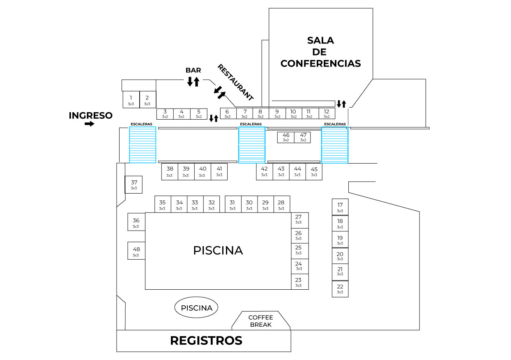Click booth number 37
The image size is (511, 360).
click(134, 185)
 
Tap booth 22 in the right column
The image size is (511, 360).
click(340, 289)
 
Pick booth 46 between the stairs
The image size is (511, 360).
click(286, 137)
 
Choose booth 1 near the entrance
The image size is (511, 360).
click(131, 99)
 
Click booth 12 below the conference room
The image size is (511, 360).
click(327, 113)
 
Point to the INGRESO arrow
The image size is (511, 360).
click(89, 124)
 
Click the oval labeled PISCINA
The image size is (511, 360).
click(196, 308)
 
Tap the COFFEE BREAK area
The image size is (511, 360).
click(261, 321)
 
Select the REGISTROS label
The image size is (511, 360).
click(206, 341)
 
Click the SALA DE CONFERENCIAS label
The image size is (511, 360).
click(320, 52)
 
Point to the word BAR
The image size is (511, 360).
click(193, 70)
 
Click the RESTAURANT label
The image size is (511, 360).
click(236, 83)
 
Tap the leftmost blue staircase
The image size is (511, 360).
click(143, 145)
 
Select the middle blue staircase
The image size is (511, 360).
click(252, 145)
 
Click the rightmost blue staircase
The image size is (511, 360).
click(334, 145)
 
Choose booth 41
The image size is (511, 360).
click(219, 171)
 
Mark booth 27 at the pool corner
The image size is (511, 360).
click(299, 219)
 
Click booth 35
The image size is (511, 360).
click(163, 204)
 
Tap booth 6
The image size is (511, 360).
click(228, 113)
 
